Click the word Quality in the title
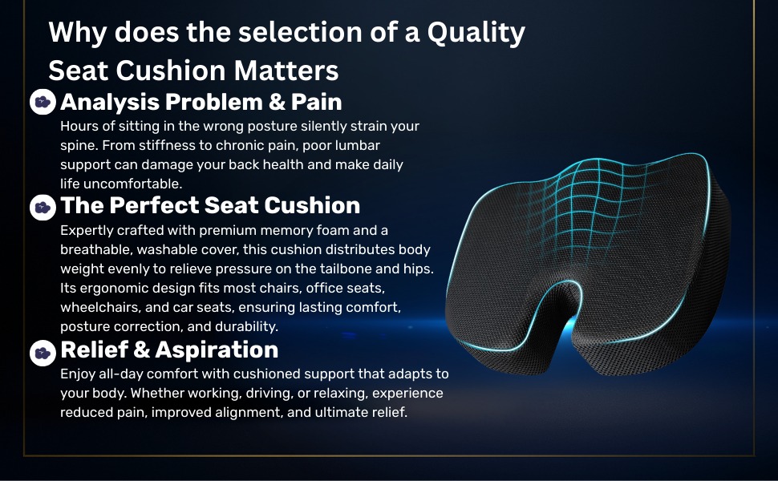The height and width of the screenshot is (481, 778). [x=476, y=33]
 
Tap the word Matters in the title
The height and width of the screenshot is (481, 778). [x=286, y=70]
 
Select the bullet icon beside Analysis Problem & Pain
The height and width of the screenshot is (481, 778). [x=43, y=102]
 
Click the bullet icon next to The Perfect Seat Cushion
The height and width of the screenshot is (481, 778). [x=43, y=208]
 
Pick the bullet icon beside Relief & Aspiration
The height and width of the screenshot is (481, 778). [x=43, y=353]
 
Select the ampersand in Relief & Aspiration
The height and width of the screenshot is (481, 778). [x=141, y=350]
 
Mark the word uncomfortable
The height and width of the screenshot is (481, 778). [x=132, y=184]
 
